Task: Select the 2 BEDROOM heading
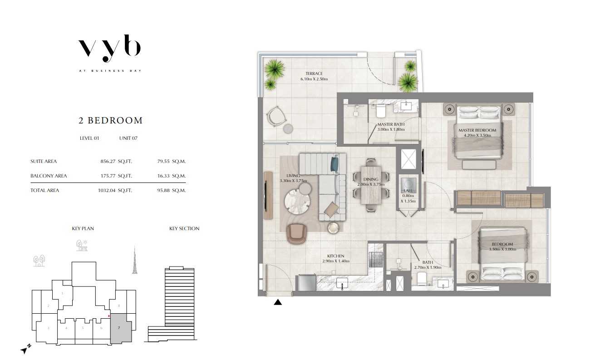tap(111, 120)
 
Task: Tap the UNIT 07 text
tap(128, 138)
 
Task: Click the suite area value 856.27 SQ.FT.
tap(116, 161)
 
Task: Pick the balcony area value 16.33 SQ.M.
tap(171, 176)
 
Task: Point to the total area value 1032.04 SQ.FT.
tap(115, 191)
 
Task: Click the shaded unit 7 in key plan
tap(121, 329)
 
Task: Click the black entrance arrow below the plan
tap(278, 302)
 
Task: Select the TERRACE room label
tap(314, 74)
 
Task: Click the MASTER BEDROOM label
tap(477, 130)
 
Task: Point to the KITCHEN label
tap(336, 256)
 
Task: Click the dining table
tap(371, 185)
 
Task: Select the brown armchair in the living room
tap(297, 233)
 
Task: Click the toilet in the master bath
tap(381, 111)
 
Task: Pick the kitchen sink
tap(342, 283)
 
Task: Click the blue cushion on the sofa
tap(334, 164)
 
